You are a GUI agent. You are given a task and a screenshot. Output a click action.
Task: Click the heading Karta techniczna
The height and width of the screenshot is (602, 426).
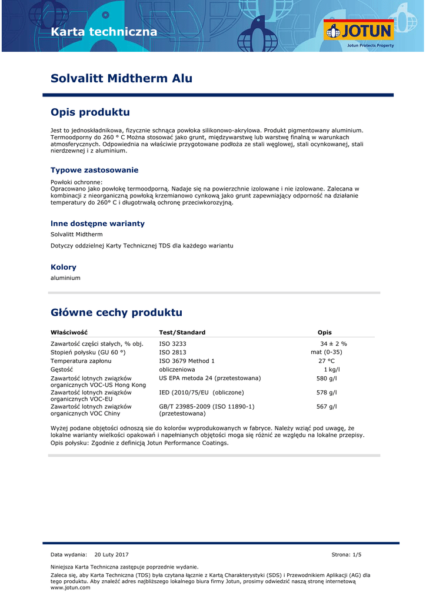coord(104,32)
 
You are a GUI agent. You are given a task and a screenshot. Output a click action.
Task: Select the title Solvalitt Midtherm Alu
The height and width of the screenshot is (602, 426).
coord(121,79)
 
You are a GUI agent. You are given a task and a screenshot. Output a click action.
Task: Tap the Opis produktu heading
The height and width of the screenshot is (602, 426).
coord(90,112)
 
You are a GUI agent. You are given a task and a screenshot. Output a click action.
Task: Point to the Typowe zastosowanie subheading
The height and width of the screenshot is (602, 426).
coord(94,170)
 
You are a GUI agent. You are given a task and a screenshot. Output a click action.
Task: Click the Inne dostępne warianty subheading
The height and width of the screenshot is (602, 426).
coord(97,223)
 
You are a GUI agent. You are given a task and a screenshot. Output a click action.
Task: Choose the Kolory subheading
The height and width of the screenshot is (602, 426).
coord(64,267)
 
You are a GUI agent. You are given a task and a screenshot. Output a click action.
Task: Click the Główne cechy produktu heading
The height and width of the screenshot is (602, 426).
coord(117,312)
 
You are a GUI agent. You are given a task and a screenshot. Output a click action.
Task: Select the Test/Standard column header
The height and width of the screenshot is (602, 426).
coord(182,332)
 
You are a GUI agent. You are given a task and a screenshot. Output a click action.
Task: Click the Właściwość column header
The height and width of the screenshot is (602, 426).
coord(69,332)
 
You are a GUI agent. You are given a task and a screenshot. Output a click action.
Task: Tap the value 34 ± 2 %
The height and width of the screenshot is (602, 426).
coord(334,343)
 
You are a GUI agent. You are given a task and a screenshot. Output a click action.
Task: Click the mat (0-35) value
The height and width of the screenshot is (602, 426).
coord(326,352)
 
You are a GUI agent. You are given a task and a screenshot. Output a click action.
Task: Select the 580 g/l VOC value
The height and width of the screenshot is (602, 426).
coord(327,378)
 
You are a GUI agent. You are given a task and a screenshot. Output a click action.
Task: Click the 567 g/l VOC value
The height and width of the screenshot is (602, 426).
coord(327,406)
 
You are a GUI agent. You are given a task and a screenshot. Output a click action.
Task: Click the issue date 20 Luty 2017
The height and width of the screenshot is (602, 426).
coord(111,554)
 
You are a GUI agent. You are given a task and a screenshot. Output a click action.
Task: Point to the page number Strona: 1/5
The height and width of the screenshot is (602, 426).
coord(347,554)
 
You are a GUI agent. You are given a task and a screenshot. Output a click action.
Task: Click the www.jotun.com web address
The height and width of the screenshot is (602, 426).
coord(70,587)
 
